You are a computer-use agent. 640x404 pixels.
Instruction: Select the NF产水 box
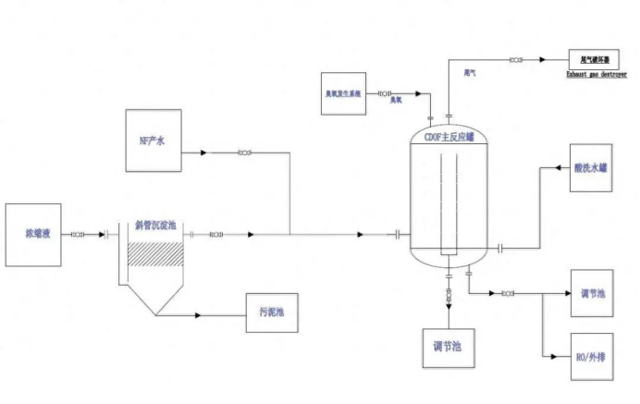click(x=154, y=141)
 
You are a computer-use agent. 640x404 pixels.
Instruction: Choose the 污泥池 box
click(x=272, y=312)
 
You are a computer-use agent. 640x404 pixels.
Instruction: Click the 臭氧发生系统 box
click(x=341, y=93)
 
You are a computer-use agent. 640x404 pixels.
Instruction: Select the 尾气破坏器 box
click(x=594, y=58)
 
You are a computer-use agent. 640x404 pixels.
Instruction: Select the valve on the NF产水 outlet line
click(x=245, y=153)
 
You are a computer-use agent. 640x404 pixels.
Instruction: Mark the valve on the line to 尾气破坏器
click(x=514, y=60)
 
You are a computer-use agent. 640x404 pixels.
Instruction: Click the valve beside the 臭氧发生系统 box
click(x=384, y=93)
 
